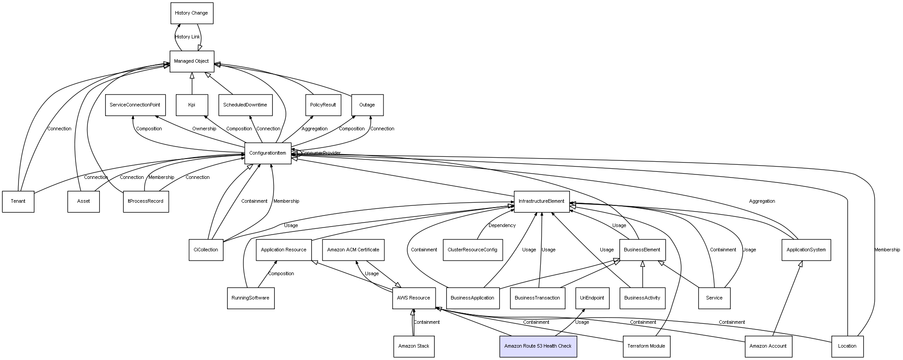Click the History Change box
pyautogui.click(x=192, y=13)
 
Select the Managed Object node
pyautogui.click(x=192, y=61)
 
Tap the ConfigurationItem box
pyautogui.click(x=268, y=153)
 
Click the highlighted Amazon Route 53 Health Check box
pyautogui.click(x=538, y=346)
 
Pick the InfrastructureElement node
pyautogui.click(x=542, y=201)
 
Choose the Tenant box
pyautogui.click(x=18, y=201)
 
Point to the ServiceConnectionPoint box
pyautogui.click(x=135, y=105)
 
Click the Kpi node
pyautogui.click(x=192, y=105)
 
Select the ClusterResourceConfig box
pyautogui.click(x=473, y=250)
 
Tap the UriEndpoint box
pyautogui.click(x=592, y=298)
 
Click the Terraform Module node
pyautogui.click(x=646, y=346)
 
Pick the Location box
pyautogui.click(x=847, y=346)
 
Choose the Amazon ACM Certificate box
pyautogui.click(x=353, y=250)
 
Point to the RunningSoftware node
pyautogui.click(x=250, y=298)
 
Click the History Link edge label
pyautogui.click(x=187, y=37)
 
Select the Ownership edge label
pyautogui.click(x=204, y=129)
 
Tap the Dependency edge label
pyautogui.click(x=502, y=226)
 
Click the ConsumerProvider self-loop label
pyautogui.click(x=321, y=153)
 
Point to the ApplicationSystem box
pyautogui.click(x=806, y=250)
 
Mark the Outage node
pyautogui.click(x=367, y=105)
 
